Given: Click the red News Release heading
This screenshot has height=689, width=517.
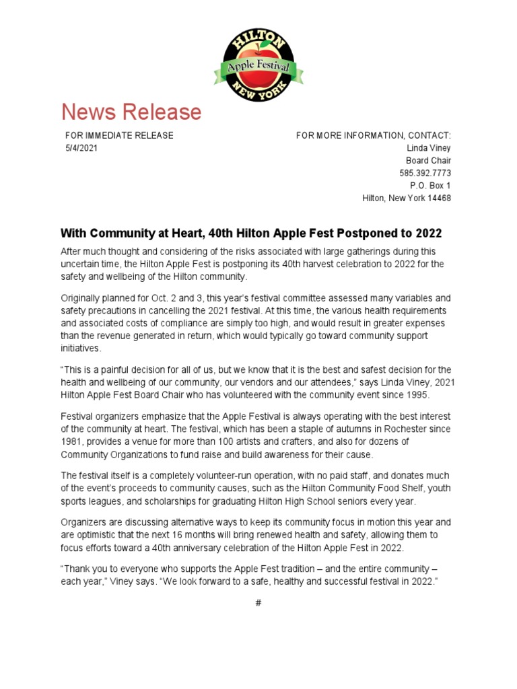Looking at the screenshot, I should point(131,112).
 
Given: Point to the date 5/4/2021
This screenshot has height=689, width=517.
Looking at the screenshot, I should point(81,148).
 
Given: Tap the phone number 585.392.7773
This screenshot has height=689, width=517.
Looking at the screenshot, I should point(425,173).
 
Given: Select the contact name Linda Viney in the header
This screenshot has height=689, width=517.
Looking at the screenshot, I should point(429,148).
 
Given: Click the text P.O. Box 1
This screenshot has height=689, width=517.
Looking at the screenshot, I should point(430,186).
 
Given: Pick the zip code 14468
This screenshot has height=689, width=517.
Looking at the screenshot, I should point(439,198).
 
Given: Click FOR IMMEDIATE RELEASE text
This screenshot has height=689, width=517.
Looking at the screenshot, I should point(119,135).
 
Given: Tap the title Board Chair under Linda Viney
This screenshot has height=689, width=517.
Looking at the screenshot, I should point(428,161).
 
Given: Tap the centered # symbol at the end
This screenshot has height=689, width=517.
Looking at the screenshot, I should point(258,603).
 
